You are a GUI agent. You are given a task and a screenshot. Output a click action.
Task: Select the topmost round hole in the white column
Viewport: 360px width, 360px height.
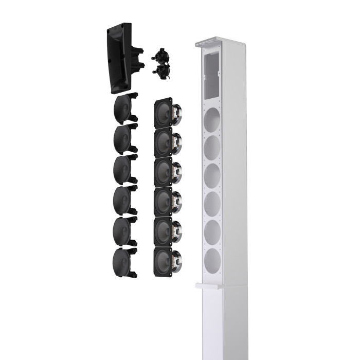pos(212,121)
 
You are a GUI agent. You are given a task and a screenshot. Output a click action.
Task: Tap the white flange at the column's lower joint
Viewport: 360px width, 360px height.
pos(209,285)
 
